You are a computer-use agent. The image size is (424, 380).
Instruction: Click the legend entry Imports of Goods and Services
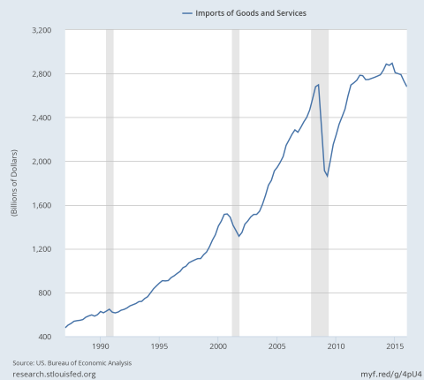245,13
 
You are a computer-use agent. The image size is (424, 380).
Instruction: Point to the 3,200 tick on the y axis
42,30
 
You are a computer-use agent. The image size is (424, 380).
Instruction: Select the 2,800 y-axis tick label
42,74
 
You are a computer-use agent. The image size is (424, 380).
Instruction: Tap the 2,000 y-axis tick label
42,162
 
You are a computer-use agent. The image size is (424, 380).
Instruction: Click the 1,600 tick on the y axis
42,205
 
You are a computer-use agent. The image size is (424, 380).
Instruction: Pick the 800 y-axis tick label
44,293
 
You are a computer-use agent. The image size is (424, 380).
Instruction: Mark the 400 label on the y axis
44,337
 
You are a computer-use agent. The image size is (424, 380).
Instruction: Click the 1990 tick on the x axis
101,346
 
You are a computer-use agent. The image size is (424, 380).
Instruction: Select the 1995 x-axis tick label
159,346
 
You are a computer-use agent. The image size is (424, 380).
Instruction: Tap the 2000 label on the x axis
218,346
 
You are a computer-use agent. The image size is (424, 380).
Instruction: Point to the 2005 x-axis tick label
277,346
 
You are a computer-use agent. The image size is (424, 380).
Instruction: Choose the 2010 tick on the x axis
336,346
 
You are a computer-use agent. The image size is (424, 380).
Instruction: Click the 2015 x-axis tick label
395,346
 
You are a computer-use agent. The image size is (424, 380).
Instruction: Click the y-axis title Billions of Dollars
14,183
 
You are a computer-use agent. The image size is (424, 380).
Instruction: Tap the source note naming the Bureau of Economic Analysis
72,363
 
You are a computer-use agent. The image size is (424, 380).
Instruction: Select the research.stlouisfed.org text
54,375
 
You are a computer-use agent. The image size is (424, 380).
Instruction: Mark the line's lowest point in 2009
327,177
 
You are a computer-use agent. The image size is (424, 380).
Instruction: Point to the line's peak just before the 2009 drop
318,85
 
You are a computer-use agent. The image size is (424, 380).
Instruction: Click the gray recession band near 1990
110,183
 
